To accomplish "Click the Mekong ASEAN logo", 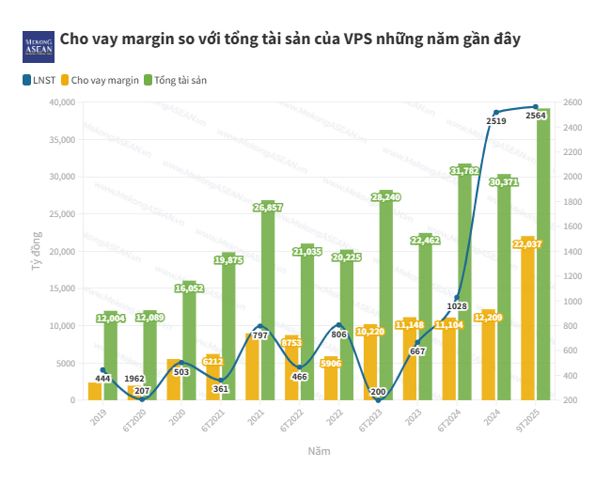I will click(38, 46).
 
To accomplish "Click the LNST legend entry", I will click(39, 80).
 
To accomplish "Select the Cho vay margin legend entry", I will click(104, 80).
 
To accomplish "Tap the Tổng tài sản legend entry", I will click(180, 80).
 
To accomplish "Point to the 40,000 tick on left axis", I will click(62, 102).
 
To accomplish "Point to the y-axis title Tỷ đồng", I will click(36, 252).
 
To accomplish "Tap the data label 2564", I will click(537, 115).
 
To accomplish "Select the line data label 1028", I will click(457, 306).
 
